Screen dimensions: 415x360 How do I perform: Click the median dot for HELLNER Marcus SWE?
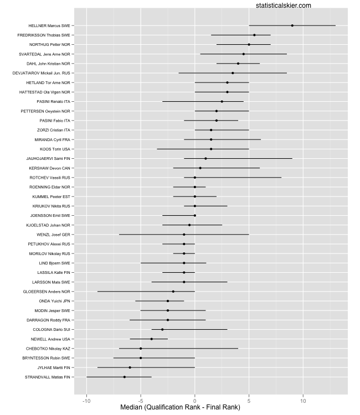292,25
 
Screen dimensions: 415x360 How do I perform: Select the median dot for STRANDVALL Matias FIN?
125,377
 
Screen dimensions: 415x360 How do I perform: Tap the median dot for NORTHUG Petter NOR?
249,44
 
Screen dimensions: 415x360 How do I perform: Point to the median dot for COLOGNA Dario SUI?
162,329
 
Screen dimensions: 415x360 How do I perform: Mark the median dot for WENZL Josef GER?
184,235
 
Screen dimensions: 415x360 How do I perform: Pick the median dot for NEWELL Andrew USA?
152,339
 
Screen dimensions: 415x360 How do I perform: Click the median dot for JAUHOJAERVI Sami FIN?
205,158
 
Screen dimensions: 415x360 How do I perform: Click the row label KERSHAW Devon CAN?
50,168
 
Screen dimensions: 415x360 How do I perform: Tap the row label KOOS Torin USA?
55,149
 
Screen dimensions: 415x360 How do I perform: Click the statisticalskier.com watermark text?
284,5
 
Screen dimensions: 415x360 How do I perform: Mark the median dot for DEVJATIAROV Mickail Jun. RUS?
233,73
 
